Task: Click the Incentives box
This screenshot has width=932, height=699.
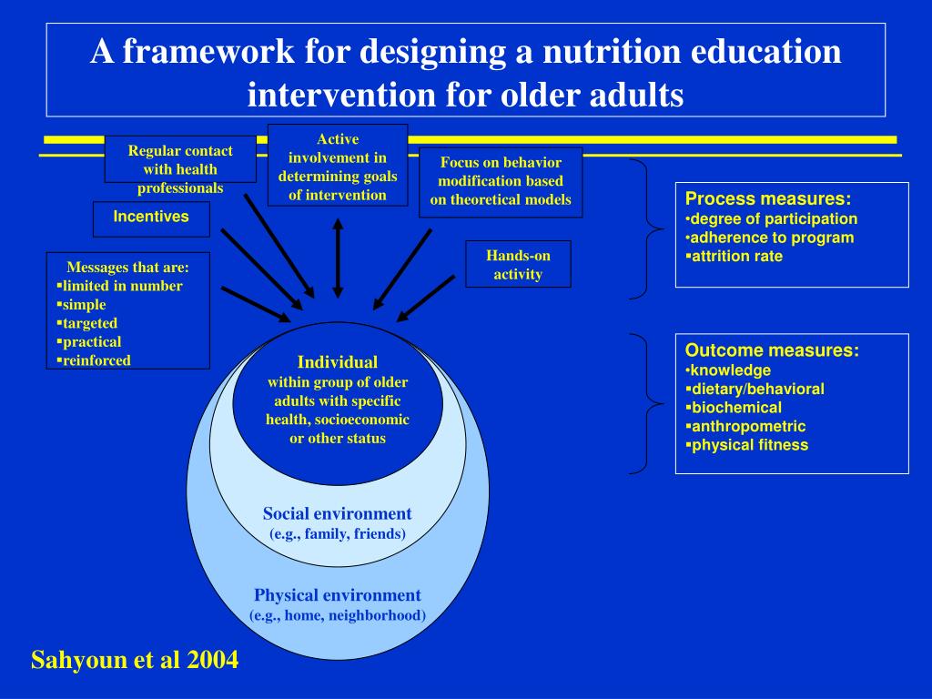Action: [151, 218]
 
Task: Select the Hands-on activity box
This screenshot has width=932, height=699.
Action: [518, 264]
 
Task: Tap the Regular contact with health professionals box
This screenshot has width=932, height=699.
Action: [180, 169]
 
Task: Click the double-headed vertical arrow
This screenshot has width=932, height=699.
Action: [338, 258]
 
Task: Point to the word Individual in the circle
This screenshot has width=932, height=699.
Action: [337, 362]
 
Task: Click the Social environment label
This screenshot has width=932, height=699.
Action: [337, 513]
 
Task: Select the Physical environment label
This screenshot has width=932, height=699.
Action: [337, 595]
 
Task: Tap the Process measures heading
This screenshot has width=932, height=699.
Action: [768, 199]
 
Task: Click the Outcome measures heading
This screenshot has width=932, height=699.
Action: [772, 350]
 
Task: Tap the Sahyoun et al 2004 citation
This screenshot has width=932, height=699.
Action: [135, 660]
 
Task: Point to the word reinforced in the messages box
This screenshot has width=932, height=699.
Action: [96, 360]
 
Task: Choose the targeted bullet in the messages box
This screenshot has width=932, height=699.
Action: [90, 323]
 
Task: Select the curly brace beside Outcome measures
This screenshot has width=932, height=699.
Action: [646, 402]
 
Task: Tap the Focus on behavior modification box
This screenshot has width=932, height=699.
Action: [501, 181]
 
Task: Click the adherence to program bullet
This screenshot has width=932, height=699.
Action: [772, 238]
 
